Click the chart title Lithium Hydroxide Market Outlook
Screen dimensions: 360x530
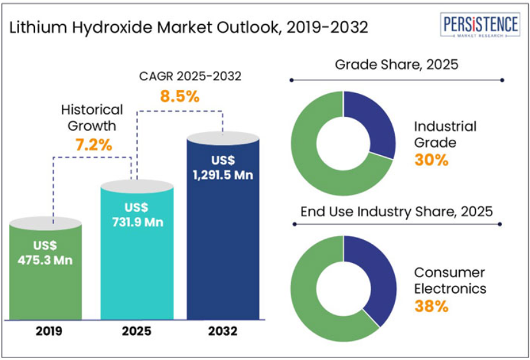(x=189, y=28)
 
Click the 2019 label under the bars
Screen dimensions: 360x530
(x=45, y=331)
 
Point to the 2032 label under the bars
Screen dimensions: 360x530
(x=223, y=331)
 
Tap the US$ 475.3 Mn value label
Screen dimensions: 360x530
(x=45, y=252)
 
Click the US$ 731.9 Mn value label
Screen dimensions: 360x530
(x=136, y=215)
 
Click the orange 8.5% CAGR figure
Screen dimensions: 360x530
(x=179, y=97)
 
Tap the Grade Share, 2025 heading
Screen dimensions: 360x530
(x=397, y=65)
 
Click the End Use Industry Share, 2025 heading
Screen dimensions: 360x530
(x=397, y=211)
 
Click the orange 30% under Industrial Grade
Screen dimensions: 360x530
(x=431, y=160)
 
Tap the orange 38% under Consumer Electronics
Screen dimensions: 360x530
(x=431, y=306)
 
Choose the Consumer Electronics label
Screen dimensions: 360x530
(x=450, y=280)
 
